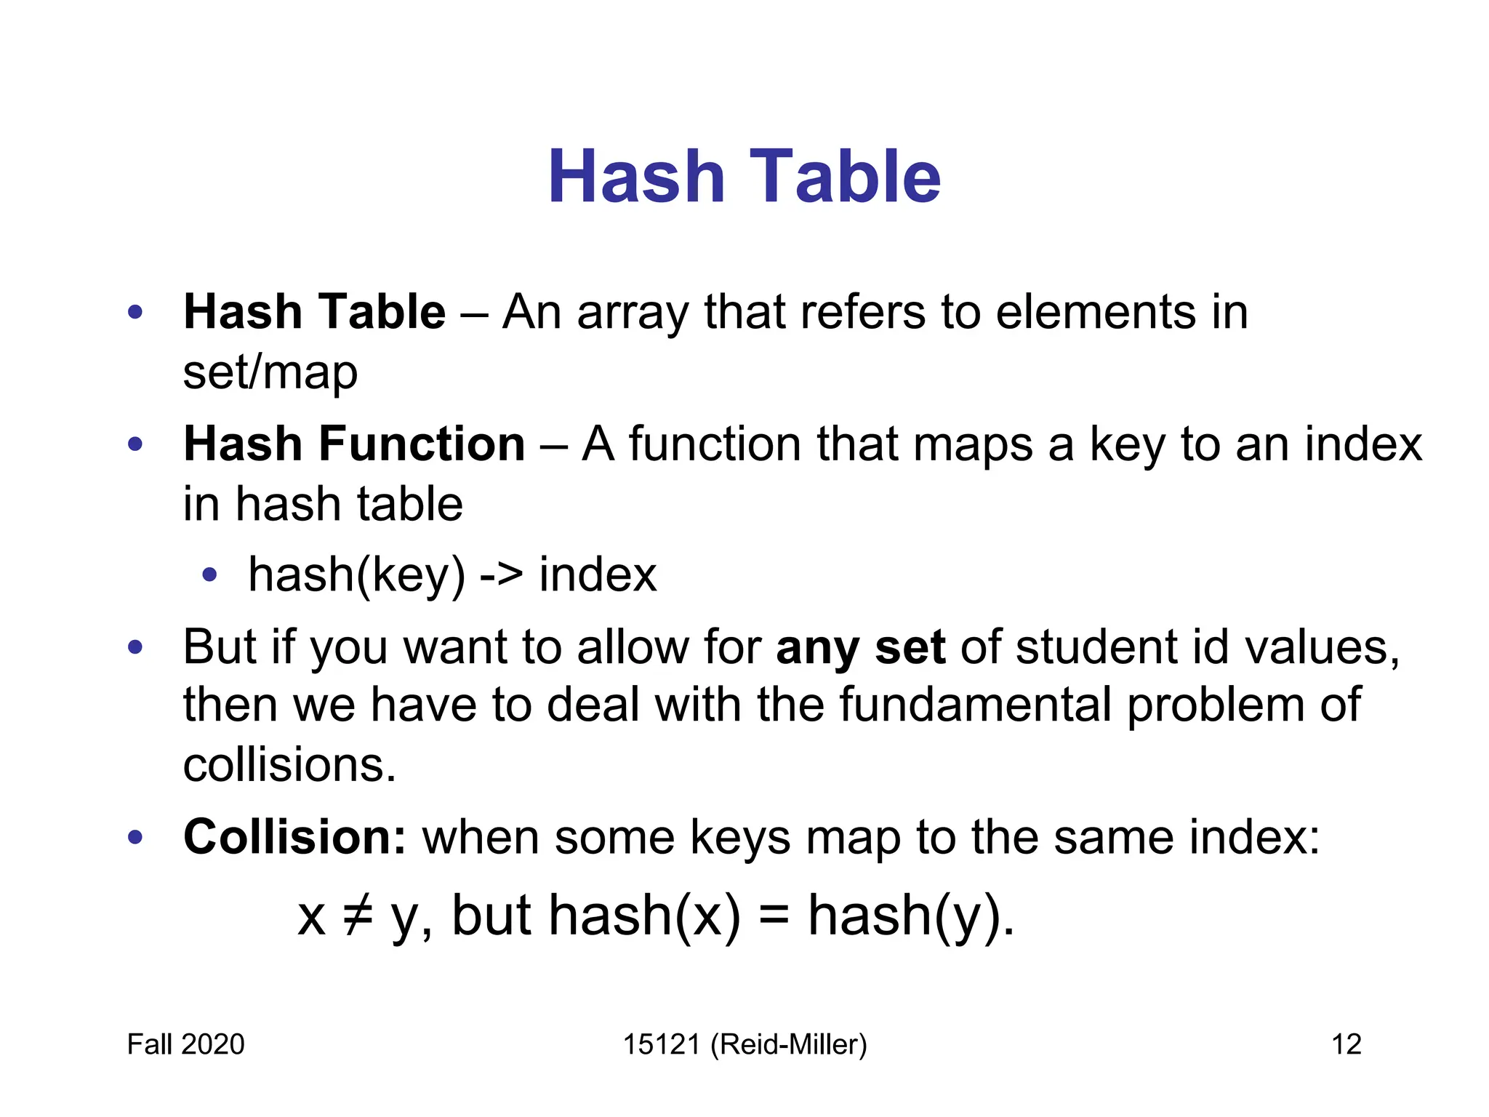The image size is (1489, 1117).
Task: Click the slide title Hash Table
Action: [744, 177]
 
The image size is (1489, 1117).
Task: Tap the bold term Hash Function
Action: [354, 444]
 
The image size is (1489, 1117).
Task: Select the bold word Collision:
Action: [294, 836]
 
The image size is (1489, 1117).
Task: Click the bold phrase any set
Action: [861, 646]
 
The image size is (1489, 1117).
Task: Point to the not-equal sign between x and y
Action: [358, 915]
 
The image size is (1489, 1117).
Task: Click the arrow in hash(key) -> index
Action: [501, 574]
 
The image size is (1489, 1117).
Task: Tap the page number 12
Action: [1346, 1044]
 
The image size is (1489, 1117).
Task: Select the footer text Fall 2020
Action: [185, 1044]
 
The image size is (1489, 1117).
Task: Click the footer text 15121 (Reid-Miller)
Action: [744, 1044]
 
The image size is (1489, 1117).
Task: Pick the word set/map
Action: [270, 372]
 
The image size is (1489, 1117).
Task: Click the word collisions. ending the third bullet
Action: [289, 765]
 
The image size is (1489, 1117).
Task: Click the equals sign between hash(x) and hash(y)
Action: [774, 915]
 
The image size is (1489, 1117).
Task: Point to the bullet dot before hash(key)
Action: [210, 575]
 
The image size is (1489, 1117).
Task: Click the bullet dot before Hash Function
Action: [135, 444]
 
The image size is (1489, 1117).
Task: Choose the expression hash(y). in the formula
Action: [910, 915]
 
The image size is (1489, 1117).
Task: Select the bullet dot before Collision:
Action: [135, 837]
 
